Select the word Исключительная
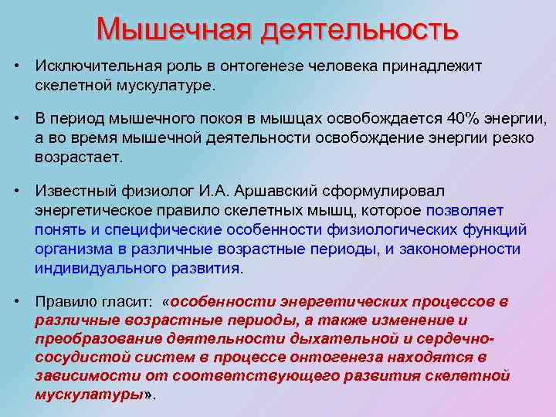(x=97, y=66)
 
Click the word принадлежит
(x=435, y=66)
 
